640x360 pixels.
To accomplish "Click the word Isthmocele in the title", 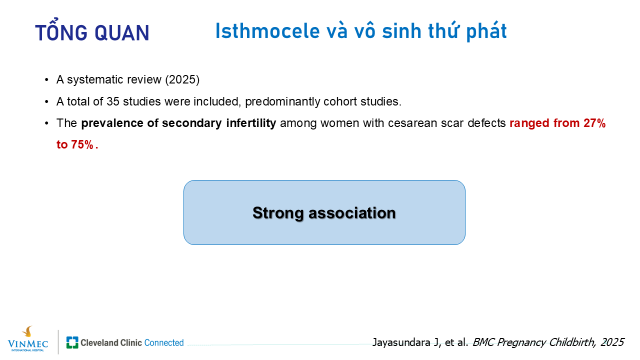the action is tap(267, 31).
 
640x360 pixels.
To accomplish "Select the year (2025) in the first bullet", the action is tap(182, 79).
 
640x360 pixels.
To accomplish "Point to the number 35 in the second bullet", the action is tap(113, 101).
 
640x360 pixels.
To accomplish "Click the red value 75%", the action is tap(82, 144).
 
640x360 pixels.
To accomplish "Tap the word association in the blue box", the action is tap(352, 213).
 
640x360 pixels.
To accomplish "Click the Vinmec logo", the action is tap(28, 339).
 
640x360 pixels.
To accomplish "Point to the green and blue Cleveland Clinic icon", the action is tap(72, 342).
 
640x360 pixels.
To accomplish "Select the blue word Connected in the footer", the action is tap(164, 342).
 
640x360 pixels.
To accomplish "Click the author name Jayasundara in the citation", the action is tap(401, 342).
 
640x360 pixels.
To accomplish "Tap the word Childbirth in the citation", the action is tap(572, 342).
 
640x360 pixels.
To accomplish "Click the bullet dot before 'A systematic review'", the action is tap(47, 80).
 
